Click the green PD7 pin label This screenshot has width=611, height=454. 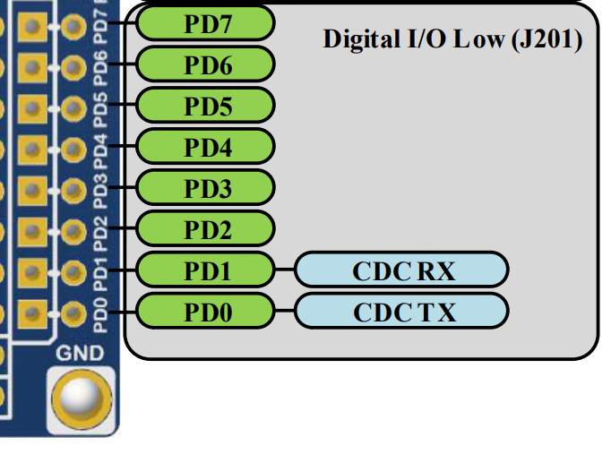206,23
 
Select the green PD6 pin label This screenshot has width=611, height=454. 206,64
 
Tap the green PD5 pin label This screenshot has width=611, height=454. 206,106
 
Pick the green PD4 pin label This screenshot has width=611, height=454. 206,147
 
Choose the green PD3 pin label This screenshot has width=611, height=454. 206,188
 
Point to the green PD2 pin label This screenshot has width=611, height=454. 206,229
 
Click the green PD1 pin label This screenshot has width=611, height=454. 206,270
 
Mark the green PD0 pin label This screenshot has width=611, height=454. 206,311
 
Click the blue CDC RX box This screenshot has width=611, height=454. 402,270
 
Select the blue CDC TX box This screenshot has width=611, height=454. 402,311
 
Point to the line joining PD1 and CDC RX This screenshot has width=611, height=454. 284,270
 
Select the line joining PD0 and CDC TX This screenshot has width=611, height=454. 284,311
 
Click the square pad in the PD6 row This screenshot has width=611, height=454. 32,65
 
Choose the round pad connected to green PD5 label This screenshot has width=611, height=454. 73,107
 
